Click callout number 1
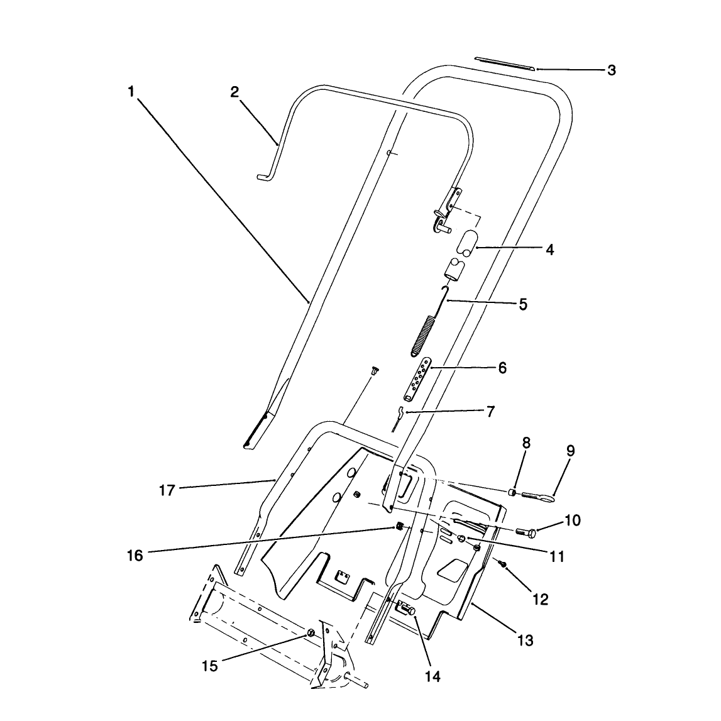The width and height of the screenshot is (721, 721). pyautogui.click(x=131, y=92)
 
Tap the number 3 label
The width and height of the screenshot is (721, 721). pyautogui.click(x=611, y=70)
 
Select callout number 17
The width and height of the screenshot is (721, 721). pyautogui.click(x=167, y=490)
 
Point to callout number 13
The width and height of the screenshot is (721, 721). pyautogui.click(x=525, y=640)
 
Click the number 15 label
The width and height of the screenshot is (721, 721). pyautogui.click(x=210, y=666)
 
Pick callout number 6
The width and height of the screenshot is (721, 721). pyautogui.click(x=502, y=368)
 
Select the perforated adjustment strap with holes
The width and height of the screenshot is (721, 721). pyautogui.click(x=417, y=379)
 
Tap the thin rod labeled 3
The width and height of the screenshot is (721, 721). pyautogui.click(x=504, y=64)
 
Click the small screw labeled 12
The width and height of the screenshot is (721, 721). pyautogui.click(x=503, y=563)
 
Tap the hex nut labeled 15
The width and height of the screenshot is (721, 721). pyautogui.click(x=311, y=633)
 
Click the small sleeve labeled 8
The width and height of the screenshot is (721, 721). pyautogui.click(x=512, y=493)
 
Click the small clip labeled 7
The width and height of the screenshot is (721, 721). pyautogui.click(x=398, y=417)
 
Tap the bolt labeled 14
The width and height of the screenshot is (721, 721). pyautogui.click(x=407, y=609)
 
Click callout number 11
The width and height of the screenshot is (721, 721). pyautogui.click(x=556, y=557)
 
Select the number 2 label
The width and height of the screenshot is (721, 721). pyautogui.click(x=234, y=92)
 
